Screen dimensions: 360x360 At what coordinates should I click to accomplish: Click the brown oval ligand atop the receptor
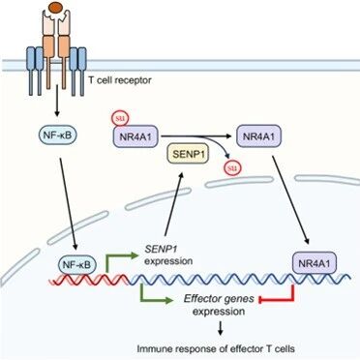click(56, 6)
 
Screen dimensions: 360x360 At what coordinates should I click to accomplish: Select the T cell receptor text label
click(120, 80)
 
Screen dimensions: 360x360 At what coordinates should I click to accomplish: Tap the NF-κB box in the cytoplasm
click(57, 135)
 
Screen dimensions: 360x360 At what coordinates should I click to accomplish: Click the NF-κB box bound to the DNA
click(77, 265)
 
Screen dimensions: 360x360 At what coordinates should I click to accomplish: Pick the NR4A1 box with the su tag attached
click(135, 136)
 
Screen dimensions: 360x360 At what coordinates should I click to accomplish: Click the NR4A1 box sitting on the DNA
click(315, 263)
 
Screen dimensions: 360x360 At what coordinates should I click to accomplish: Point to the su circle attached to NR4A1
click(120, 119)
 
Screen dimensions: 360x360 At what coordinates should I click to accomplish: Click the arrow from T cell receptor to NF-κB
click(57, 101)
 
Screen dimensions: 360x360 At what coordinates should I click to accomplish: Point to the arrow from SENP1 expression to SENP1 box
click(173, 203)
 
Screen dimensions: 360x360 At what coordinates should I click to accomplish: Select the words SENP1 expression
click(168, 255)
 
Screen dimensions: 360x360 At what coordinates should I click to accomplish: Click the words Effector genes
click(219, 299)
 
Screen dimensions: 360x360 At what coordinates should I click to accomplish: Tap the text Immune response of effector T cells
click(216, 348)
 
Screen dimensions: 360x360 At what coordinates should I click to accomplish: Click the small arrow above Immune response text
click(221, 328)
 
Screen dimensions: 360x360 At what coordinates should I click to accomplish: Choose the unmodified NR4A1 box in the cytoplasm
click(259, 135)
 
